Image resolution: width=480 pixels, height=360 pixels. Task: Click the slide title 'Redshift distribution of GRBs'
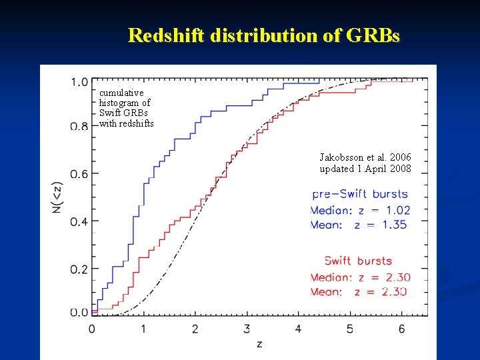click(x=264, y=35)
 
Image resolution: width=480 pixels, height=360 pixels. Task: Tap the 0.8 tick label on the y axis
click(x=79, y=126)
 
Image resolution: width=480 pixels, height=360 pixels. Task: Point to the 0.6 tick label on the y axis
click(x=79, y=174)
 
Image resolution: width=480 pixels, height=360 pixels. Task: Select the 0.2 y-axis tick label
click(x=79, y=269)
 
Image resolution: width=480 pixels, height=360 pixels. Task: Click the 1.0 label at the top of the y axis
click(x=79, y=82)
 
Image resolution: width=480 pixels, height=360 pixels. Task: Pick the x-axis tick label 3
click(x=247, y=329)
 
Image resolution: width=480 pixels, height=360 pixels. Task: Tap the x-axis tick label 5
click(x=350, y=329)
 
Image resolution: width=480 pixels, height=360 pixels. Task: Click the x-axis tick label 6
click(x=401, y=329)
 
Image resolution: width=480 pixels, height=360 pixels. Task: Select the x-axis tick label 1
click(x=143, y=329)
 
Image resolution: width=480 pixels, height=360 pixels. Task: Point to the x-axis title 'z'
click(x=259, y=344)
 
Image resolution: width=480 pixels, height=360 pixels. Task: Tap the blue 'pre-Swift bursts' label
click(x=360, y=194)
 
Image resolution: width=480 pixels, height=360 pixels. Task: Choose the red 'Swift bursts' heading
click(x=358, y=261)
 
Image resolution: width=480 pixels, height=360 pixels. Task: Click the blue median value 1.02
click(x=398, y=210)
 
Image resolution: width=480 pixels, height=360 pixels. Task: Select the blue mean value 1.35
click(x=395, y=225)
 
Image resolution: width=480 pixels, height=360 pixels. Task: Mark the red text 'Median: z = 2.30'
click(x=360, y=277)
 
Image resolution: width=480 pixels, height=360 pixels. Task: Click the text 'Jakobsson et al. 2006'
click(x=365, y=157)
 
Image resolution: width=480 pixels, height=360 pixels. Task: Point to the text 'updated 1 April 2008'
click(x=365, y=169)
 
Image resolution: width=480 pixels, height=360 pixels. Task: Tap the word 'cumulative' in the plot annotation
click(x=121, y=93)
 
